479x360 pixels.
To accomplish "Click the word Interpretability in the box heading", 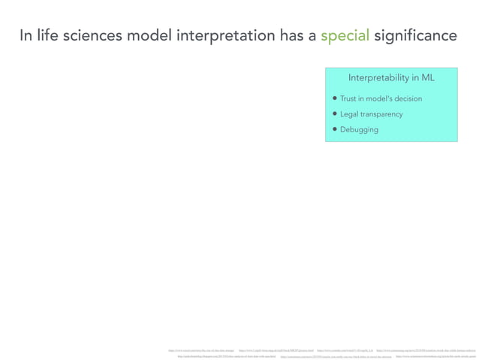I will pyautogui.click(x=379, y=78).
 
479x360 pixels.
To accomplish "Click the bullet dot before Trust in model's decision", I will pyautogui.click(x=335, y=98).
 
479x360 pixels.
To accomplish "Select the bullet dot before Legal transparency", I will pyautogui.click(x=335, y=114).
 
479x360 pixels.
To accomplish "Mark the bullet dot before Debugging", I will pyautogui.click(x=335, y=129).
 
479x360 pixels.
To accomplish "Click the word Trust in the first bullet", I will pyautogui.click(x=349, y=98).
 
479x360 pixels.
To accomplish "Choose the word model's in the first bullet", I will pyautogui.click(x=377, y=98).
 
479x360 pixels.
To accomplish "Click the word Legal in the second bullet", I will pyautogui.click(x=350, y=114).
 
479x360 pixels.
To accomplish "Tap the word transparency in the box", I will pyautogui.click(x=383, y=114).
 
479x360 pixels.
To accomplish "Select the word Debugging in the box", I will pyautogui.click(x=359, y=129).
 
